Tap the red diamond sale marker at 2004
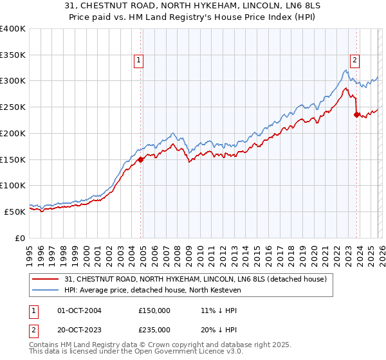[141, 159]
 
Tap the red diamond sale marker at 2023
[356, 115]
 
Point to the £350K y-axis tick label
[13, 55]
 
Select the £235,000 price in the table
[154, 329]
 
